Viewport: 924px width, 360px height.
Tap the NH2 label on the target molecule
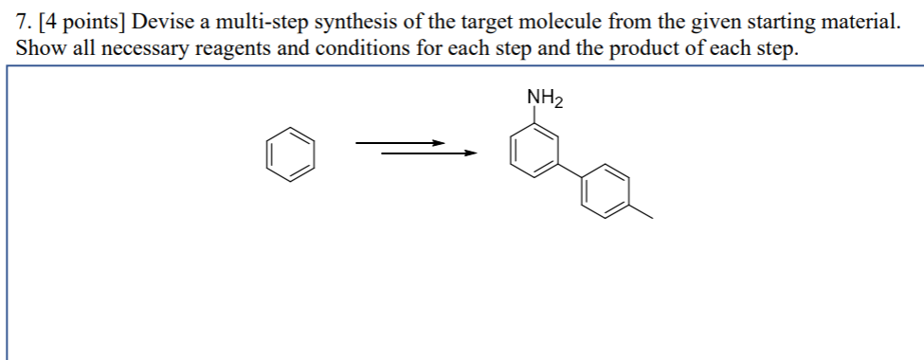(x=544, y=99)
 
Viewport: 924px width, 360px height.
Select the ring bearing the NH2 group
(x=532, y=153)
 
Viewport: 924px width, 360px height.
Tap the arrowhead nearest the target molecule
(x=466, y=152)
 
